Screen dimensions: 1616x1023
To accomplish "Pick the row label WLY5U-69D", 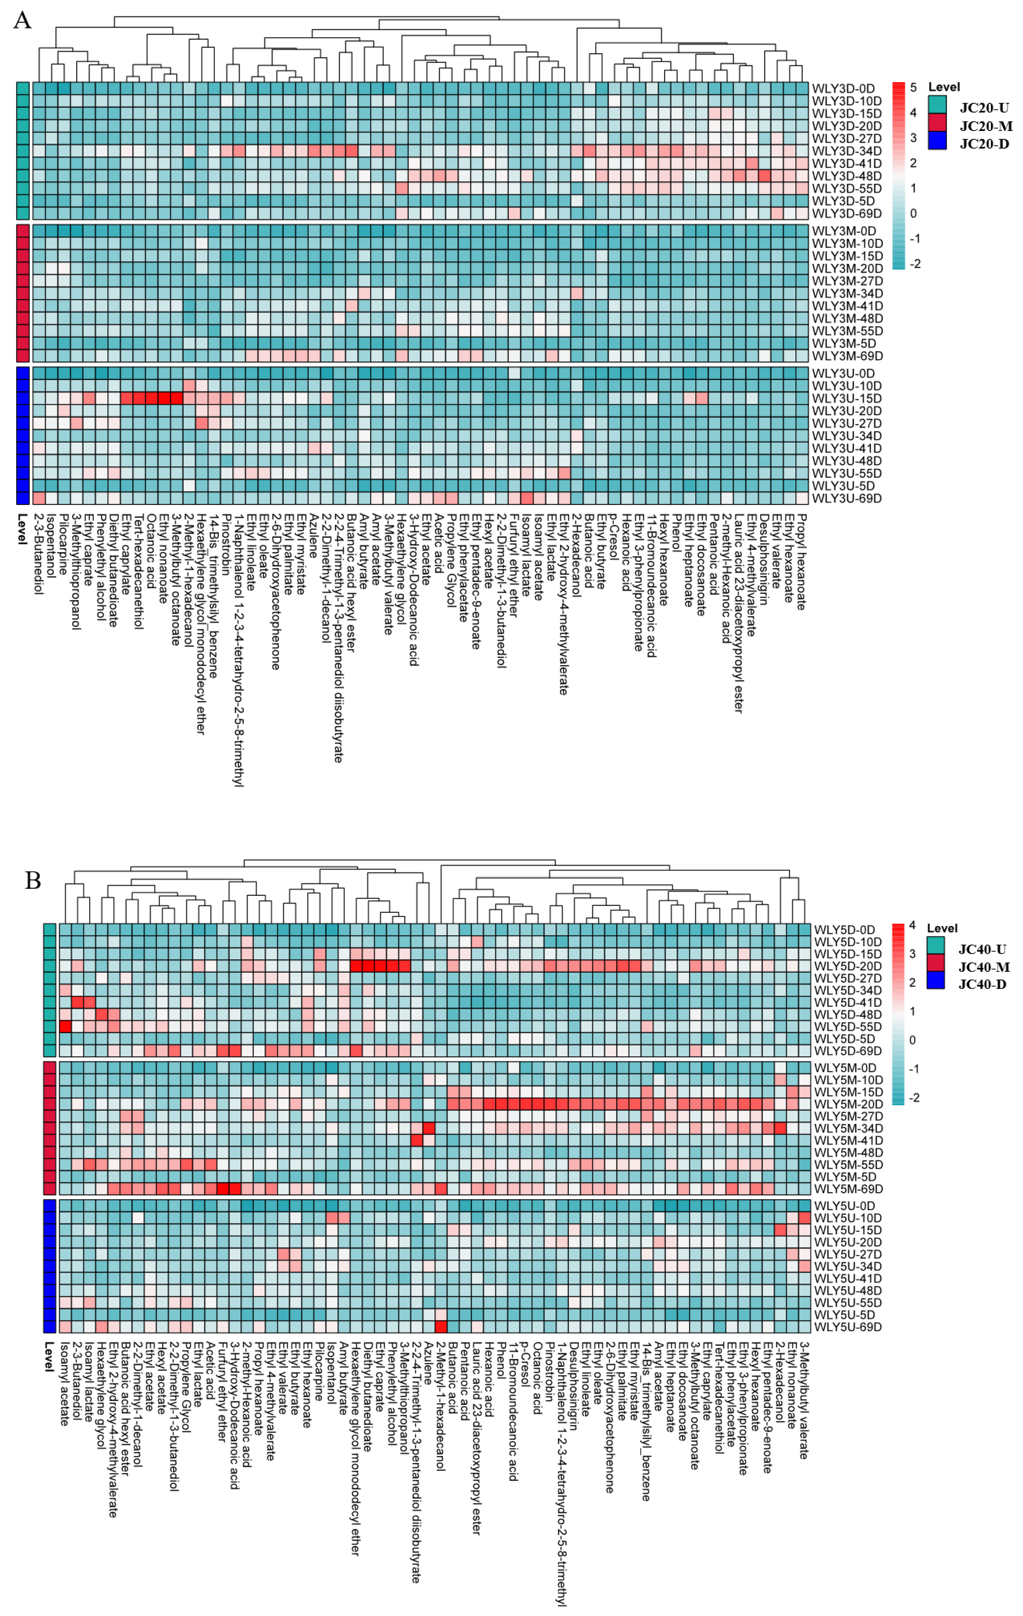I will [848, 1327].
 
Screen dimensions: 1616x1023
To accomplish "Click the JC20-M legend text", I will [985, 126].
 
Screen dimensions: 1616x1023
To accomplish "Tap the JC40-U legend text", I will [982, 949].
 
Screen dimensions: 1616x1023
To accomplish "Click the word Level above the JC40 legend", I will [942, 928].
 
